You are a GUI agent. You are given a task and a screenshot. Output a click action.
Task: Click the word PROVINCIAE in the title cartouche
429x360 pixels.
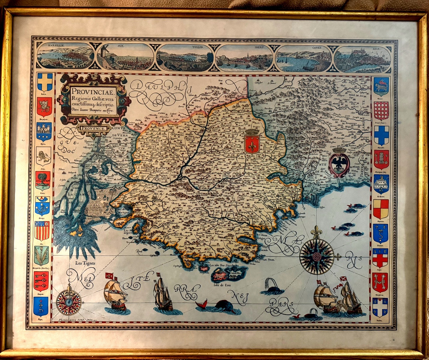click(88, 92)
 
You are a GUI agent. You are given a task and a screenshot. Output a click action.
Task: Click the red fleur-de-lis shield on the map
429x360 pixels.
click(252, 143)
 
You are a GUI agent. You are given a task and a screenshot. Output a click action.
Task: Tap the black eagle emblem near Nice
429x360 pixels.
click(338, 165)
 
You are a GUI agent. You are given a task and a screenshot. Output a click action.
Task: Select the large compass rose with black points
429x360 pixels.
click(316, 256)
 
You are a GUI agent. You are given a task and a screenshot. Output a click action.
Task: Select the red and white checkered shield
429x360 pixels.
click(381, 111)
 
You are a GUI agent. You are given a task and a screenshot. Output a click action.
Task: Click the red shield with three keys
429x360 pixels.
click(41, 280)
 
